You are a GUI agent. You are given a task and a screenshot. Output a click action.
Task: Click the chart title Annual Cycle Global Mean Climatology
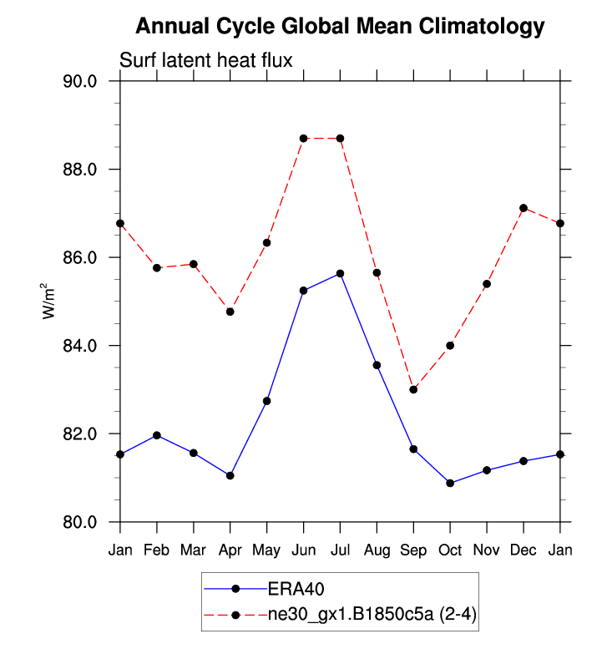point(339,27)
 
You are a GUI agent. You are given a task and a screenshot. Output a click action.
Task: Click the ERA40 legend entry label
point(290,588)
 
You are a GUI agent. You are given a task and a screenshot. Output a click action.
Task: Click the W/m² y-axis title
point(51,301)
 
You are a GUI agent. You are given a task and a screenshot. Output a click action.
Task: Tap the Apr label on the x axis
point(230,550)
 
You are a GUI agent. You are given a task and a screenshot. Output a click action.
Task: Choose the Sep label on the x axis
point(413,550)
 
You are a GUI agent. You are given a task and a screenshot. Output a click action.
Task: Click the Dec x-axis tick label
point(523,550)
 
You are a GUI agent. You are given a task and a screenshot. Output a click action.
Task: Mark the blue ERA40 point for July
point(340,273)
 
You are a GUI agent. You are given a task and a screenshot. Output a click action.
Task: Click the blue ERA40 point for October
point(450,483)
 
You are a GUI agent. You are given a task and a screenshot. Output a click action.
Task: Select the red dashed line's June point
point(304,138)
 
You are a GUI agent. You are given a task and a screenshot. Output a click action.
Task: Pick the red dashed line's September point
point(413,389)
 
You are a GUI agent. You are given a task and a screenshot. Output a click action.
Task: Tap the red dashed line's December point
point(523,208)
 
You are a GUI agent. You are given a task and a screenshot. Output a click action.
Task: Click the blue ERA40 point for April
point(230,475)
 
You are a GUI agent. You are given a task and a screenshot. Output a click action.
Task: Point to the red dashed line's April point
point(230,312)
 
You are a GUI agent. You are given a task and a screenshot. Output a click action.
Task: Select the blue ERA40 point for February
point(157,435)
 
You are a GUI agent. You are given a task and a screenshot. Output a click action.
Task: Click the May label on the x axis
point(267,550)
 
